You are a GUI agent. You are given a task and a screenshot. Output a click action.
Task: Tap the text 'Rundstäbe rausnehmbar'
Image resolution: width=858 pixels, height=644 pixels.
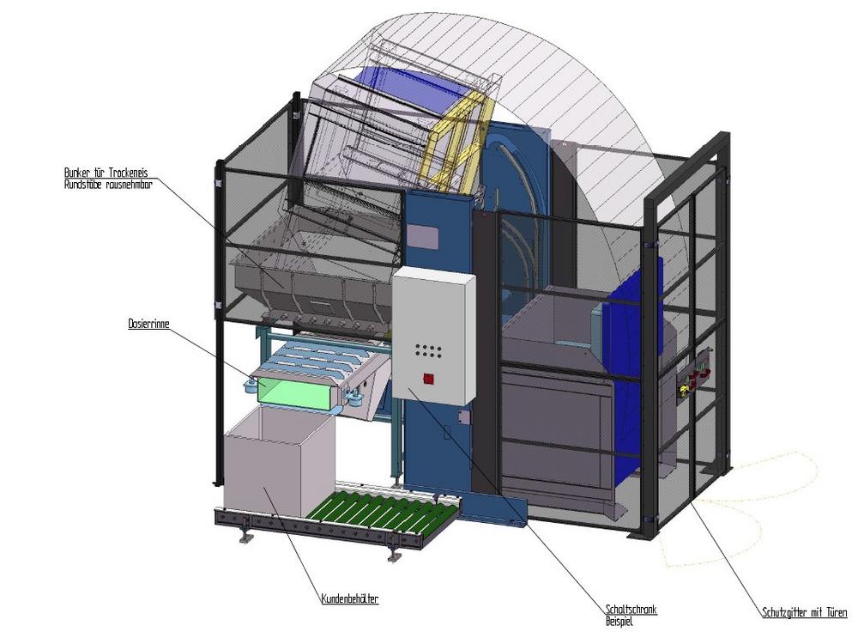point(108,184)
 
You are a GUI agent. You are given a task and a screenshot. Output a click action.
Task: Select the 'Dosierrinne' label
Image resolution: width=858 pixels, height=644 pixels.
point(148,324)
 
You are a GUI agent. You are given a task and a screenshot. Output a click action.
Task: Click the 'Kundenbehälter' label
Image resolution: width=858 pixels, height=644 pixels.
point(350,598)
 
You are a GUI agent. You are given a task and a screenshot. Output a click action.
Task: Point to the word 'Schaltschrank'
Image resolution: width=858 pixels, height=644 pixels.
point(631,610)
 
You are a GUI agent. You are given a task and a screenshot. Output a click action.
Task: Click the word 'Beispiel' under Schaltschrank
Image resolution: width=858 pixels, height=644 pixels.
point(619,622)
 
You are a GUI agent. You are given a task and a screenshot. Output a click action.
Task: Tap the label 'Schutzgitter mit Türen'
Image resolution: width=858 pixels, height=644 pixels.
point(805,612)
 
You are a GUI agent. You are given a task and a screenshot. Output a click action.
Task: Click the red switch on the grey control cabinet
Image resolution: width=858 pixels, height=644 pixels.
point(428,379)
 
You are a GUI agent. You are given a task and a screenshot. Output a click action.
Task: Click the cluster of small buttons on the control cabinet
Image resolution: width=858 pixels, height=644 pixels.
point(428,350)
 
